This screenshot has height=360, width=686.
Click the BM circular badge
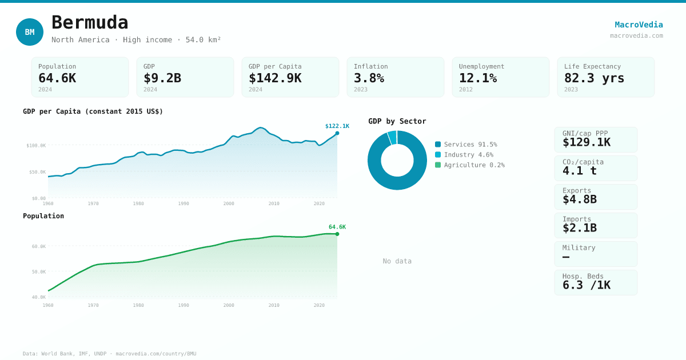click(30, 32)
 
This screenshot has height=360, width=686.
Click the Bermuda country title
click(90, 23)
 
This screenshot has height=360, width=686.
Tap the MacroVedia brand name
click(639, 25)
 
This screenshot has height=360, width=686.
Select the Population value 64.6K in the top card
click(57, 78)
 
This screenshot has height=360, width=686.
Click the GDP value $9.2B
click(162, 78)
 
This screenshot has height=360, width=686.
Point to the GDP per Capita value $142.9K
click(275, 78)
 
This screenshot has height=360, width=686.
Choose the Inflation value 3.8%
click(369, 78)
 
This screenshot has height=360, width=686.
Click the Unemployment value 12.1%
click(478, 78)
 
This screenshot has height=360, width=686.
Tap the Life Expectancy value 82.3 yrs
click(595, 78)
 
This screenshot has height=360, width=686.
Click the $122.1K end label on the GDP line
click(337, 126)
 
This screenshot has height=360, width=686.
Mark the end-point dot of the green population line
click(337, 234)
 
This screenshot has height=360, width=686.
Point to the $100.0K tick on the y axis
click(36, 146)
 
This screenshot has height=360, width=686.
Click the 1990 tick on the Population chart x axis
click(184, 305)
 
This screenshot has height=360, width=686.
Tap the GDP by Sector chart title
click(397, 121)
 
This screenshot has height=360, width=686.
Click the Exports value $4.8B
click(580, 199)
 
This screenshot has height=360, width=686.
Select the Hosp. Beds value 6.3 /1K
click(587, 285)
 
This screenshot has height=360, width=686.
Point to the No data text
click(397, 261)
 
